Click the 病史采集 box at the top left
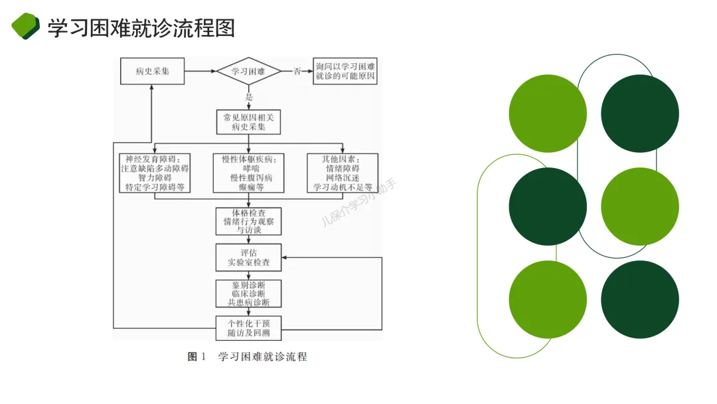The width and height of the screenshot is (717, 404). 152,71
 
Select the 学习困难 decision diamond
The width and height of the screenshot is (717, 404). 249,71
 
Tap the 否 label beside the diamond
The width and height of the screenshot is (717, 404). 297,71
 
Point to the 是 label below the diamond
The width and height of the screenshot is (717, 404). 250,96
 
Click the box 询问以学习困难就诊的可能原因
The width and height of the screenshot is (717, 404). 345,71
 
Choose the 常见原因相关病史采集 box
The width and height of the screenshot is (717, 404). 249,122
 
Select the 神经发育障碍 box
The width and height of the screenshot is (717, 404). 155,173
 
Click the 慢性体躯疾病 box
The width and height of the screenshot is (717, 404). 249,173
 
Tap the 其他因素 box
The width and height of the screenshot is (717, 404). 343,173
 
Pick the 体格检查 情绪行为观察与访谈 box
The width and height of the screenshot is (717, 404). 249,221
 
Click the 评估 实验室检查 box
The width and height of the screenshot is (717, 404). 249,257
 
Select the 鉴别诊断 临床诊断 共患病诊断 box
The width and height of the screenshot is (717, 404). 249,293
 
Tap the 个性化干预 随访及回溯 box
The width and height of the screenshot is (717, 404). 249,328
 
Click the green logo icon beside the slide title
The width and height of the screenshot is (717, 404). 26,27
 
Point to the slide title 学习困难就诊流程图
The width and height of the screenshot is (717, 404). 141,28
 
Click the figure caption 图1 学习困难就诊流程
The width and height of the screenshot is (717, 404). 248,357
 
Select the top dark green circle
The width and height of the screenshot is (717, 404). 640,113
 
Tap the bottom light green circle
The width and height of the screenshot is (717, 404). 548,300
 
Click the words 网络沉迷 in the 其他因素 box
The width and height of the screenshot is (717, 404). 343,178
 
